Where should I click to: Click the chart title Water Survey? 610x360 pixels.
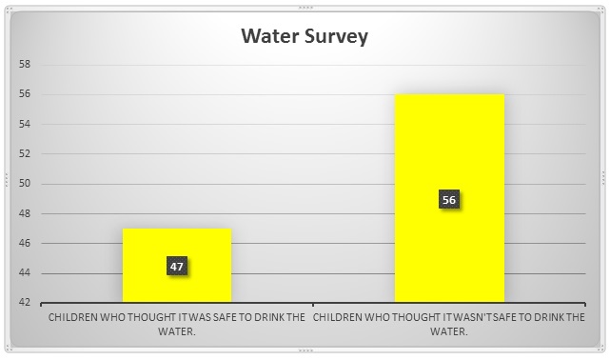(x=304, y=37)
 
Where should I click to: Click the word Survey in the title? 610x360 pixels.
(x=337, y=37)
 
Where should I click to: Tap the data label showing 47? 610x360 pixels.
(x=177, y=267)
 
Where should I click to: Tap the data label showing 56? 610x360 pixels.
(x=449, y=200)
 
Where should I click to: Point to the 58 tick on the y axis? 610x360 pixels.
(x=26, y=65)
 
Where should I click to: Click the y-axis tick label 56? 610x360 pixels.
(x=26, y=94)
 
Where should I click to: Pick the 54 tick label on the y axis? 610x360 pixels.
(x=26, y=124)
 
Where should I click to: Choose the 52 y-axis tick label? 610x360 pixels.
(x=26, y=153)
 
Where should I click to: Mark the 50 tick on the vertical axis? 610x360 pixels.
(x=26, y=184)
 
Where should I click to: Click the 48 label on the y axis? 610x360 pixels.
(x=26, y=213)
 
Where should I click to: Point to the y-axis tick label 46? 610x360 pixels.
(x=26, y=244)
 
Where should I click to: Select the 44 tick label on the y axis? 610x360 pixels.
(x=26, y=273)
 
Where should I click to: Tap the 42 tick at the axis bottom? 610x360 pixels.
(x=26, y=303)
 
